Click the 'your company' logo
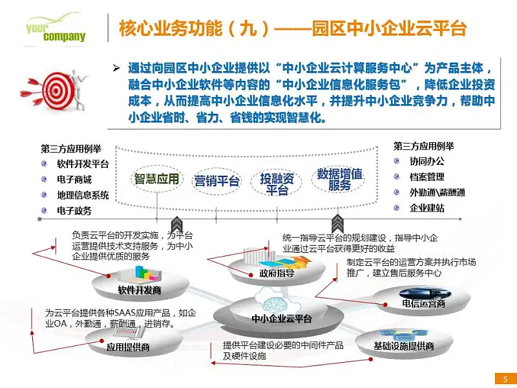point(56,29)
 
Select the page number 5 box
point(505,379)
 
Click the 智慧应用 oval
point(156,179)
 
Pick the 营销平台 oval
point(216,181)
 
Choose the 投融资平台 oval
point(277,184)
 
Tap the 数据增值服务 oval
point(339,179)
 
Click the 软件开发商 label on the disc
point(140,290)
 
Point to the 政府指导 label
point(277,273)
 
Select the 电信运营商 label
point(424,303)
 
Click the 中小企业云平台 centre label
point(281,318)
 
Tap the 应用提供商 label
point(128,347)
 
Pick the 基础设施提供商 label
point(403,346)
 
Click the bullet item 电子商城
point(74,180)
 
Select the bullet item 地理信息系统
point(83,195)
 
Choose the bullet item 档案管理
point(427,177)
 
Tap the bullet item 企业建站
point(427,208)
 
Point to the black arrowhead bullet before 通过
point(116,69)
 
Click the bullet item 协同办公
point(427,161)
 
